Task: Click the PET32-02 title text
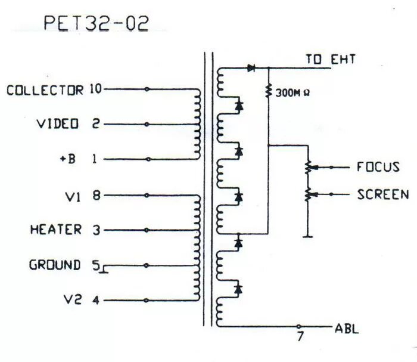point(96,23)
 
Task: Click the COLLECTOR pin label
point(45,90)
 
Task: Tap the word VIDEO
point(58,124)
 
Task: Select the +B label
point(67,159)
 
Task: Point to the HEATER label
point(56,230)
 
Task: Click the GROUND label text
point(55,265)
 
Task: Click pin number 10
point(96,89)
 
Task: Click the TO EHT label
point(331,60)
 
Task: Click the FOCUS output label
point(378,166)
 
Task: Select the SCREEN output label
point(383,194)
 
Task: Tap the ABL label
point(347,329)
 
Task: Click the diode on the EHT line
point(251,68)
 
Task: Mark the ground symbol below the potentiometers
point(308,236)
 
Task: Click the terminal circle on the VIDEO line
point(147,125)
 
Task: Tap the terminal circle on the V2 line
point(147,300)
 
